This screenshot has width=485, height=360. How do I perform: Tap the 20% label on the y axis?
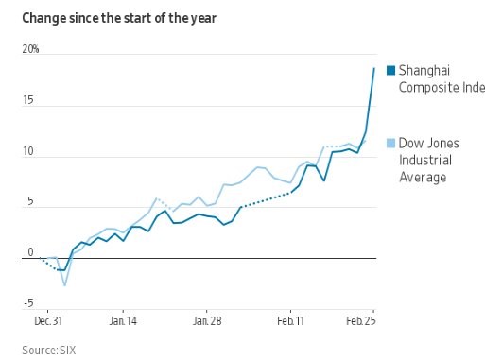(31, 49)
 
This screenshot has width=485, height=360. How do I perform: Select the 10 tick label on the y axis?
(31, 151)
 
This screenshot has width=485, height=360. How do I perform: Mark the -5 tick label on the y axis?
(29, 303)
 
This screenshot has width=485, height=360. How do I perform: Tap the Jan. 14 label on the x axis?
(123, 322)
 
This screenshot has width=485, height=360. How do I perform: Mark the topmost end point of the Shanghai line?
(373, 68)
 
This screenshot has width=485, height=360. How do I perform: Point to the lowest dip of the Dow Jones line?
(64, 284)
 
